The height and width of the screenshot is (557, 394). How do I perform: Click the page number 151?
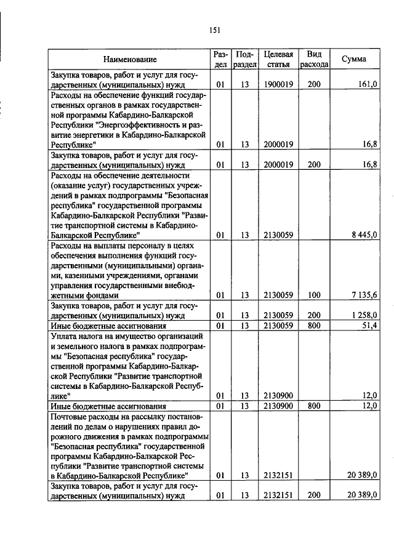pyautogui.click(x=214, y=29)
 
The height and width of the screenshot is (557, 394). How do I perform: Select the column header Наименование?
pyautogui.click(x=129, y=59)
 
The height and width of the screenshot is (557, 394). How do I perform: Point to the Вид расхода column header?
pyautogui.click(x=314, y=59)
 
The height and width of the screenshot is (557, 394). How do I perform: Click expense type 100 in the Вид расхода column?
pyautogui.click(x=314, y=295)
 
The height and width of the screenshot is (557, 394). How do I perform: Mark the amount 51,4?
pyautogui.click(x=369, y=325)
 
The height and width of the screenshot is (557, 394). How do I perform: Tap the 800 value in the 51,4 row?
pyautogui.click(x=314, y=325)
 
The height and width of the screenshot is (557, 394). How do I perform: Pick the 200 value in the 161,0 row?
pyautogui.click(x=314, y=84)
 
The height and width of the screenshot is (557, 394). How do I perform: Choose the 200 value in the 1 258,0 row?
pyautogui.click(x=314, y=315)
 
